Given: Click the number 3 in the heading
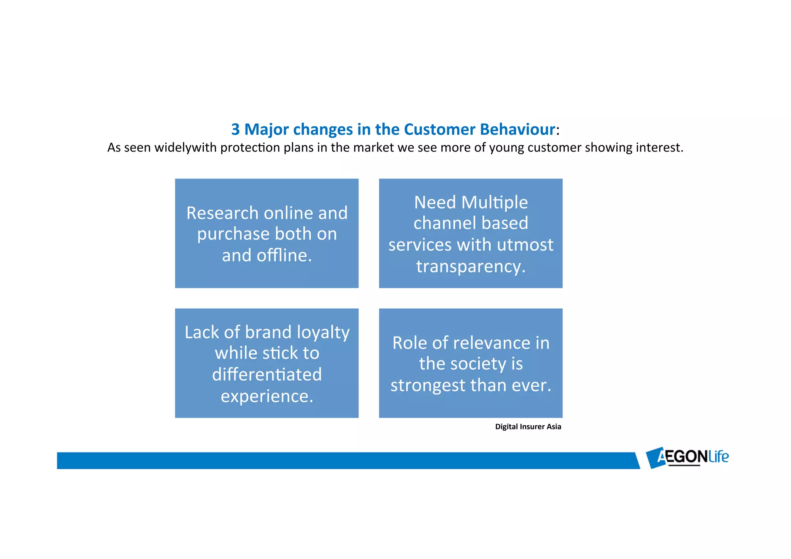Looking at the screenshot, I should coord(235,129).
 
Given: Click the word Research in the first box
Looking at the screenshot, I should coord(222,213).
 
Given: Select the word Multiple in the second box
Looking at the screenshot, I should coord(494,202).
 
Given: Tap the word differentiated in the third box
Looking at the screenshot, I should coord(267,375).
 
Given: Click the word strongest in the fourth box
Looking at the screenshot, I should coord(428,386).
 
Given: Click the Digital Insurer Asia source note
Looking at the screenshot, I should coord(528,427).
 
